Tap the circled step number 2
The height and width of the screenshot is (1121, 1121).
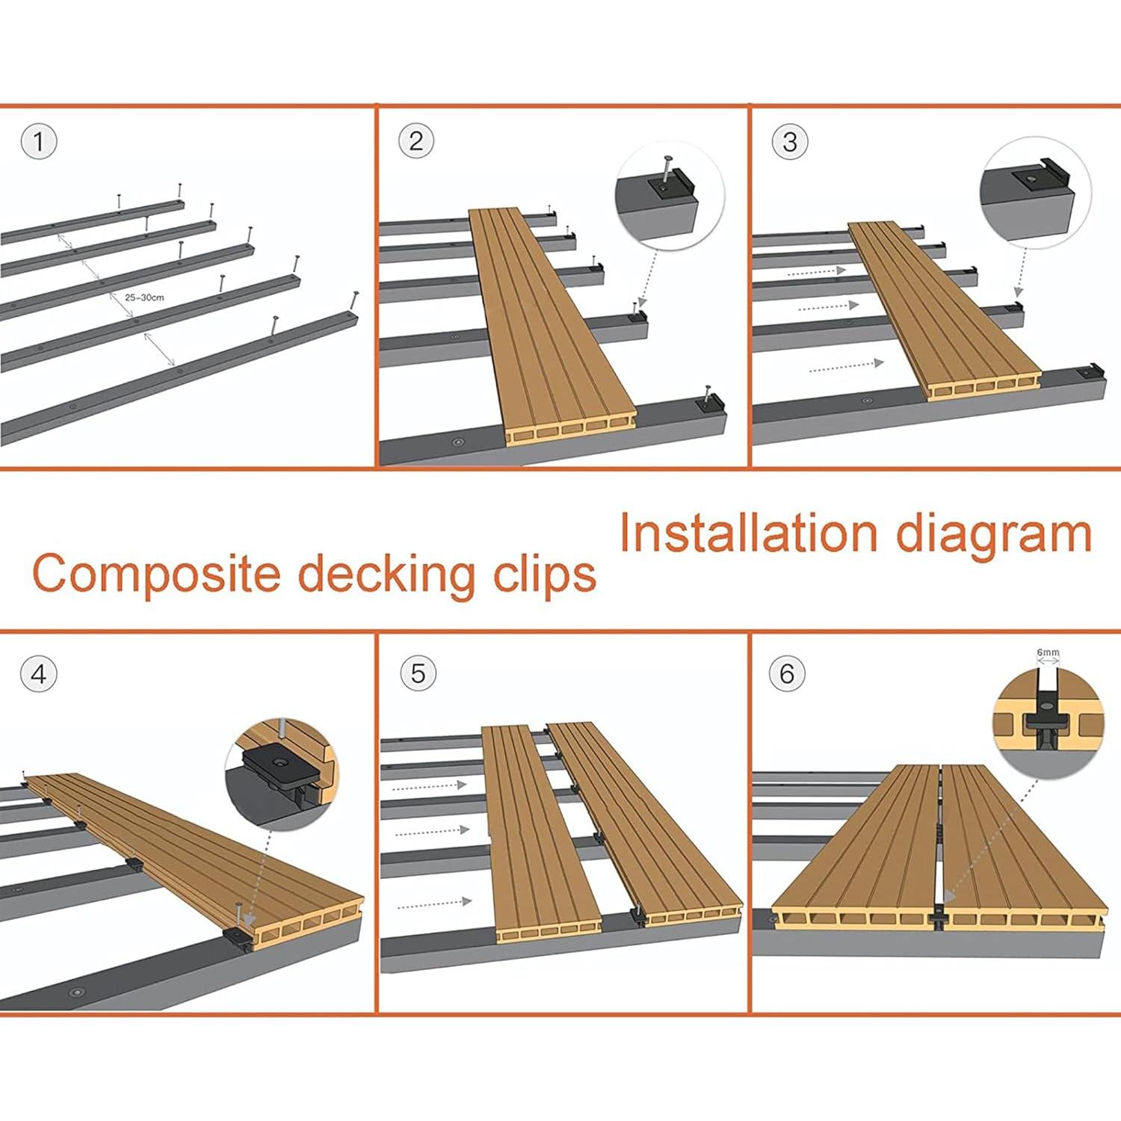coord(416,141)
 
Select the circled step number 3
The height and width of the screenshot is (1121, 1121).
coord(790,142)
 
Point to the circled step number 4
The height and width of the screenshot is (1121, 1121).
coord(39,675)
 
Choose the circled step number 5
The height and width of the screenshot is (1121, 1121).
coord(418,673)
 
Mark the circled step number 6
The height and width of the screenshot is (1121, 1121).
coord(787,674)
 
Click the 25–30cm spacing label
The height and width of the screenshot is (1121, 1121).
coord(144,297)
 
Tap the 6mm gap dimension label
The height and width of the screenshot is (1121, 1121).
coord(1048,652)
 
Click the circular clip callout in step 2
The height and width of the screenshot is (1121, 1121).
coord(669,197)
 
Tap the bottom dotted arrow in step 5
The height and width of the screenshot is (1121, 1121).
coord(433,904)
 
